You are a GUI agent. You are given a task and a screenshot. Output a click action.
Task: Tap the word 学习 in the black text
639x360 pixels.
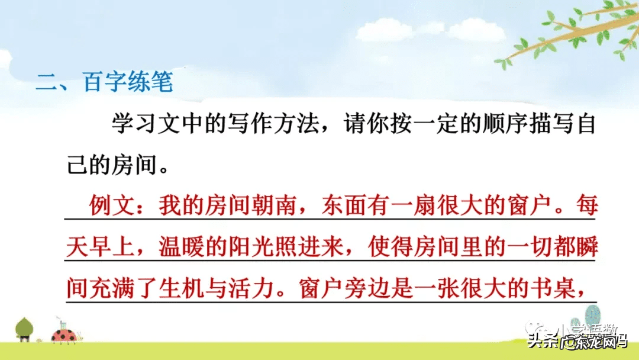coord(135,126)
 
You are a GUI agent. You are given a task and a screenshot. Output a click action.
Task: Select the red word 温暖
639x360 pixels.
coord(182,249)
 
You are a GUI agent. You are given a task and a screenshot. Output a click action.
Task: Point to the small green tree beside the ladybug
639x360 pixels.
coord(24,329)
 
